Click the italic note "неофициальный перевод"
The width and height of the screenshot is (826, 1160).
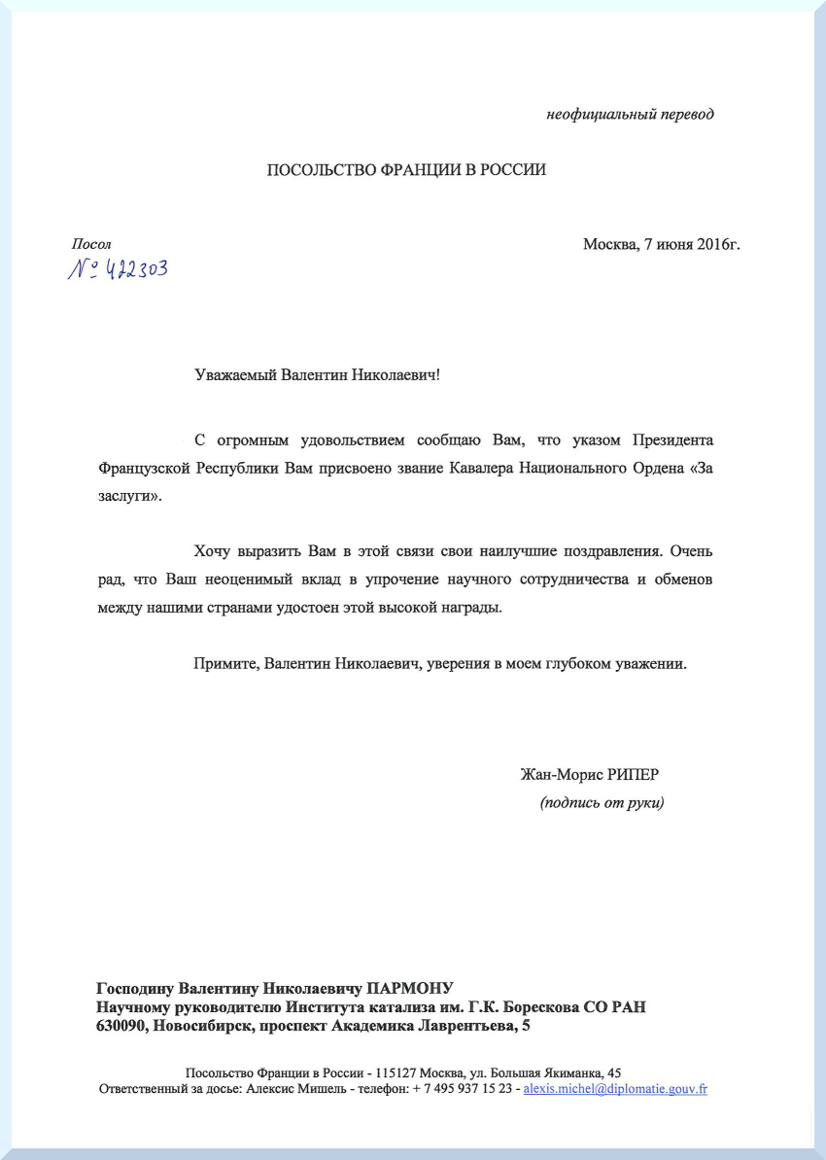[x=630, y=115]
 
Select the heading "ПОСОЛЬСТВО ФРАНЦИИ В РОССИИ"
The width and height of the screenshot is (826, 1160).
[x=406, y=170]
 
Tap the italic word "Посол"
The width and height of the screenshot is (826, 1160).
[x=91, y=244]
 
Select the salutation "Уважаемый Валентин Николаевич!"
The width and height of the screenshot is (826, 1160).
[x=317, y=374]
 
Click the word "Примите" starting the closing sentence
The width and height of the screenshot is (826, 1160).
[x=224, y=664]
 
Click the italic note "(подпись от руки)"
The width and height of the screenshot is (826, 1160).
[x=602, y=803]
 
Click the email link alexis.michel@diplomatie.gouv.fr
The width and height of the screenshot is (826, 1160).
[x=615, y=1089]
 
